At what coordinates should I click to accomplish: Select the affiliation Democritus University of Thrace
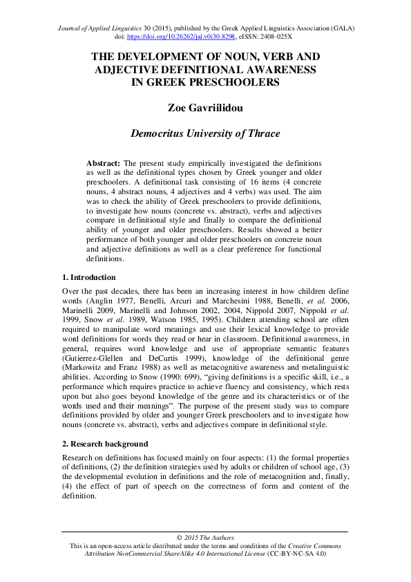205,133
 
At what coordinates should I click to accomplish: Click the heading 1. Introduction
89,277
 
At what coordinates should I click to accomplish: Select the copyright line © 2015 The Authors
205,537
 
